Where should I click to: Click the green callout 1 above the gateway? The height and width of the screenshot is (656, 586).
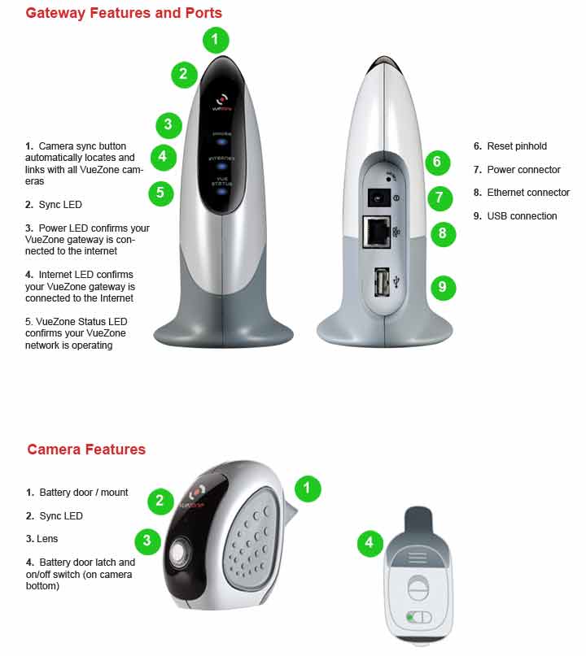(216, 40)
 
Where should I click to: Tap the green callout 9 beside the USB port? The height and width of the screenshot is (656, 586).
(444, 288)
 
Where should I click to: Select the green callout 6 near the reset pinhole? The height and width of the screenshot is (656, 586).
(437, 163)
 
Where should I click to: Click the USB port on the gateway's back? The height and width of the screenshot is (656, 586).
(381, 282)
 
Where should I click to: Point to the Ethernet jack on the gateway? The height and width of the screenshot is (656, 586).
(377, 232)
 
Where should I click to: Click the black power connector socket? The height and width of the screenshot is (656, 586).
(378, 198)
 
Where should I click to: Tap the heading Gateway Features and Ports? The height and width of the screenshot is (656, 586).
(124, 13)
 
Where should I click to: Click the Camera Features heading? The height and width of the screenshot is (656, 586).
(86, 450)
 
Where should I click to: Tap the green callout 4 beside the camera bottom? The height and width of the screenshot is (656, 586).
(370, 543)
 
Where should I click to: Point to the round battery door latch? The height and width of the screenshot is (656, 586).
(418, 588)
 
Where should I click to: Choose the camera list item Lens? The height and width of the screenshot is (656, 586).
(42, 539)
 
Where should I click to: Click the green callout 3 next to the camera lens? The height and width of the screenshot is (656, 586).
(147, 541)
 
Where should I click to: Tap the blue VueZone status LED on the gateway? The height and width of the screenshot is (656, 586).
(221, 191)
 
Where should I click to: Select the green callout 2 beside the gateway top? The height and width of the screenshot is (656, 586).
(184, 75)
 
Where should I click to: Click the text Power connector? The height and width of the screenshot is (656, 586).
(523, 169)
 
